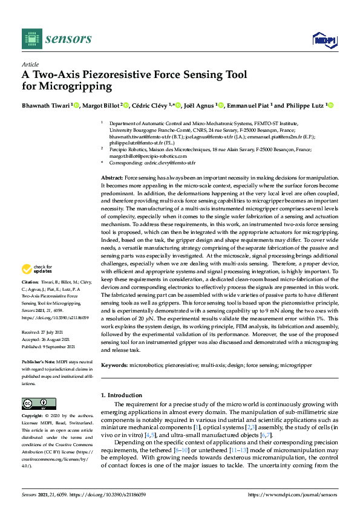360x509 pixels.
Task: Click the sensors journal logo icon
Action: (x=30, y=39)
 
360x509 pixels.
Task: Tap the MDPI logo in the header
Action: (x=321, y=40)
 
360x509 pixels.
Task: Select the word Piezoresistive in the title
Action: (x=120, y=74)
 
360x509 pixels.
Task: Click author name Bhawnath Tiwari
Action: (x=45, y=105)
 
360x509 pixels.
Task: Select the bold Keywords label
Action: (x=113, y=365)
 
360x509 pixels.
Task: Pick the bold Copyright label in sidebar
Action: (x=33, y=417)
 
